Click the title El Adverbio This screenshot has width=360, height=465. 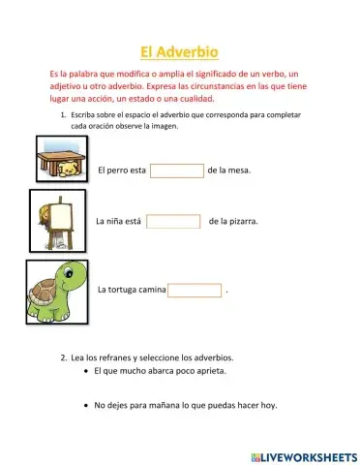click(x=180, y=52)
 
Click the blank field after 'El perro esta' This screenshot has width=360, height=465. click(x=177, y=170)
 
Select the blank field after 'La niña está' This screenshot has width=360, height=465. click(x=173, y=221)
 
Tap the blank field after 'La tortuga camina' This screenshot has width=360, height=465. click(x=195, y=290)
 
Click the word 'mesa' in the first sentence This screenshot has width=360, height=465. click(x=238, y=170)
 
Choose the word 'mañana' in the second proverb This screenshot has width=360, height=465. click(x=184, y=405)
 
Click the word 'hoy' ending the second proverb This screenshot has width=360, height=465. click(x=267, y=405)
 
